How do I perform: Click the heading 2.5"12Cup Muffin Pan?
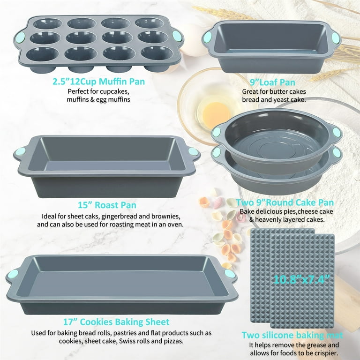[x=98, y=82]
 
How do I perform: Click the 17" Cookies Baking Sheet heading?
[x=116, y=322]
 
